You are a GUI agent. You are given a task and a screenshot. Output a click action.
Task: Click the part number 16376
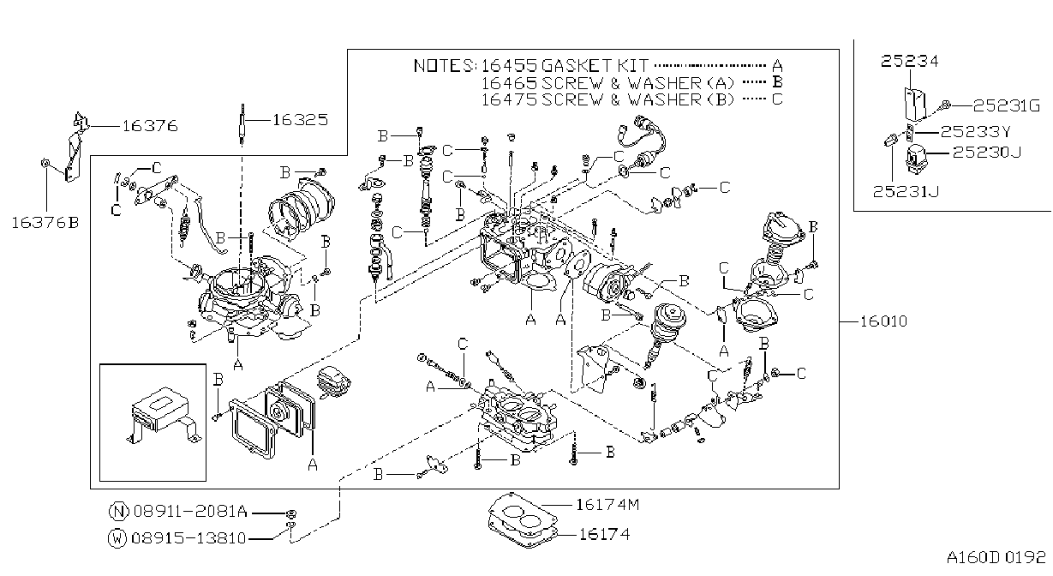click(150, 126)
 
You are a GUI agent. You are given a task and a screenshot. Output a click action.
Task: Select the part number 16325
click(300, 120)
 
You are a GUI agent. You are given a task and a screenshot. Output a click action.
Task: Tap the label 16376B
click(45, 222)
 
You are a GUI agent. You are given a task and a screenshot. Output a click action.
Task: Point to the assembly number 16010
click(883, 321)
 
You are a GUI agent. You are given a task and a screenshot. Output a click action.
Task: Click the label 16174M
click(607, 505)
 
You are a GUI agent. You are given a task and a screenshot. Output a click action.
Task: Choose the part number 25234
click(909, 61)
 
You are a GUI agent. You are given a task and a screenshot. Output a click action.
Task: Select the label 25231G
click(1006, 105)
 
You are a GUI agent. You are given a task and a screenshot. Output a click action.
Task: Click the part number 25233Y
click(975, 131)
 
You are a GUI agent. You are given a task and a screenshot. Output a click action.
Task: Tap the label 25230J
click(987, 153)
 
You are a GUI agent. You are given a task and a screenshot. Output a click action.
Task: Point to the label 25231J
click(906, 192)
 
